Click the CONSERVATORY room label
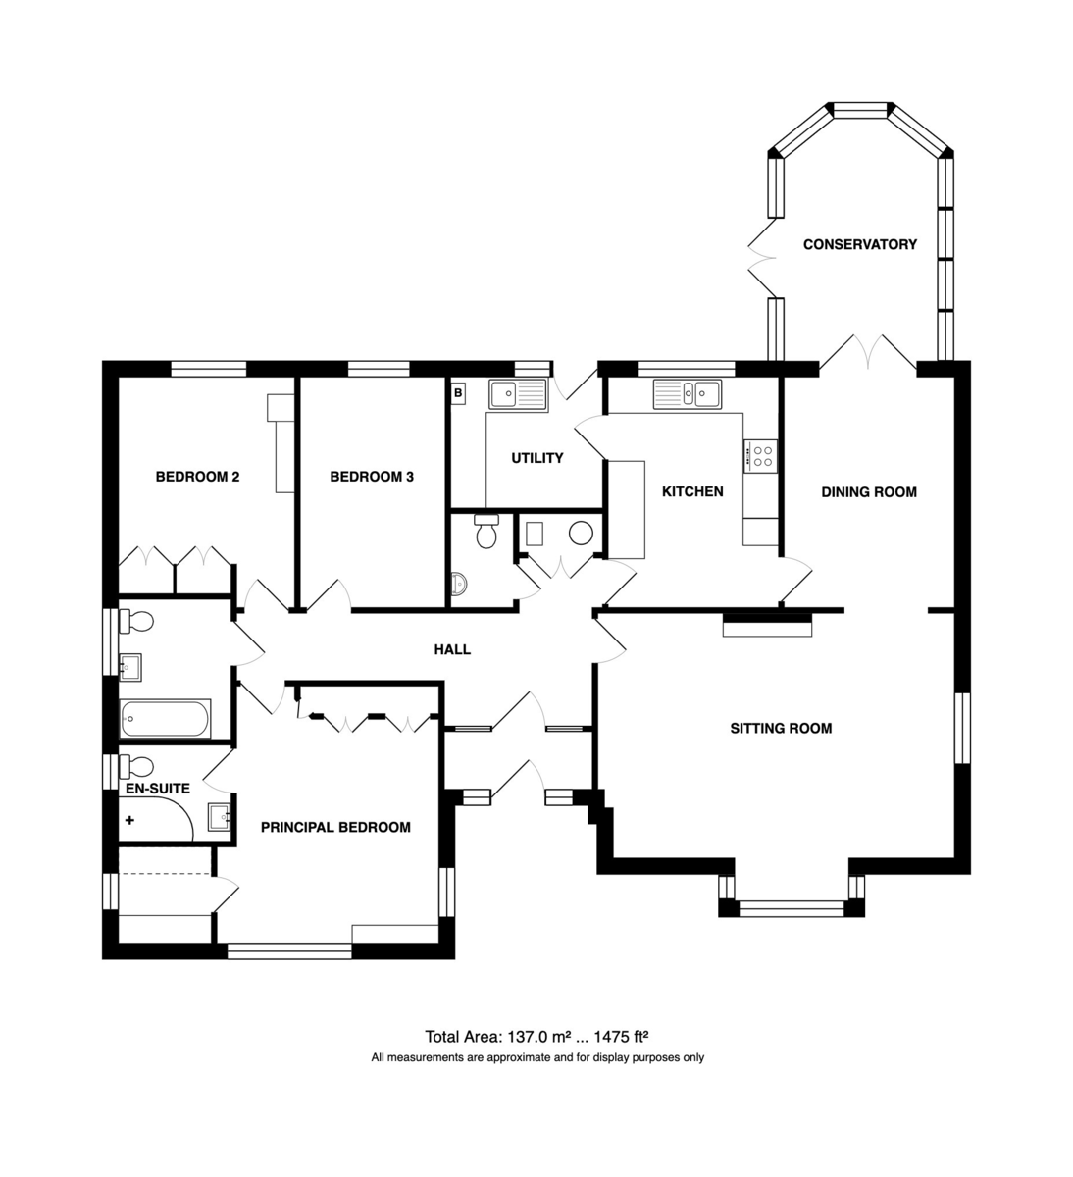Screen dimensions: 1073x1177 click(859, 244)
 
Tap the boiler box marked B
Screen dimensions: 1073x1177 click(458, 393)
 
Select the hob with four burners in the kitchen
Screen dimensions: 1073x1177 click(760, 456)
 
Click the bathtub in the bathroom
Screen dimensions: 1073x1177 click(165, 718)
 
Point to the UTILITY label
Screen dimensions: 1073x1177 click(537, 458)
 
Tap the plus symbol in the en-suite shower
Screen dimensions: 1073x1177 click(129, 820)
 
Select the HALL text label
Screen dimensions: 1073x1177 click(452, 649)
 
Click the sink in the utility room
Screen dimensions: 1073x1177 click(518, 394)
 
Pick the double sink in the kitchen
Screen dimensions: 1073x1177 click(688, 393)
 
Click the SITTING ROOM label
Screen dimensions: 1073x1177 click(781, 728)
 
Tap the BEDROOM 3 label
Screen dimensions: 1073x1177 click(372, 477)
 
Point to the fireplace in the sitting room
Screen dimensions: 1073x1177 click(767, 626)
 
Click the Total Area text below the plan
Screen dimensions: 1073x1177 click(536, 1037)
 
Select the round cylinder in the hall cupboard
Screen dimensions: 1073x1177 click(581, 533)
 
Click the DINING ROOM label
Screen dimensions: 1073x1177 click(869, 492)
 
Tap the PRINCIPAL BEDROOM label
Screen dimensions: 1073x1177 click(335, 827)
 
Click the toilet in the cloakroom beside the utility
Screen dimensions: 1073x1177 click(486, 532)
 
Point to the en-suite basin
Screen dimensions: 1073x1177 click(219, 817)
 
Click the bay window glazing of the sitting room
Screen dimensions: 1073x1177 click(792, 909)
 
